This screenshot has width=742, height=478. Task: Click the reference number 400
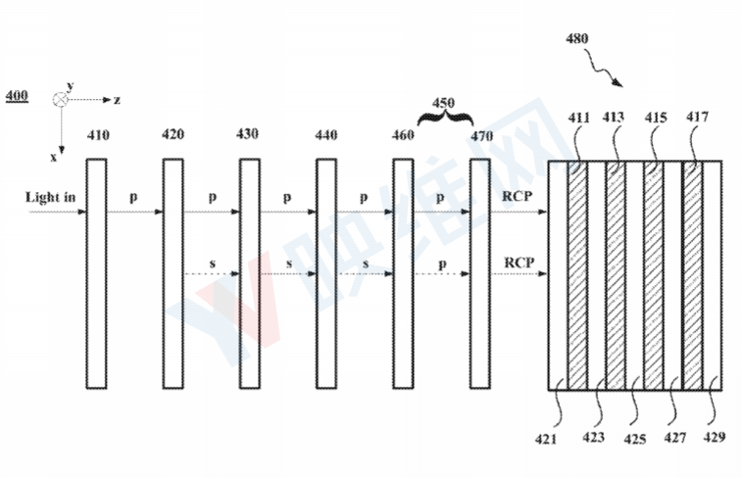(17, 96)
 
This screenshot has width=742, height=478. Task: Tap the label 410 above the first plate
(98, 135)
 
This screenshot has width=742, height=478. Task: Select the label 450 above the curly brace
(443, 103)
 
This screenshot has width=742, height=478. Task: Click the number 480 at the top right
(577, 38)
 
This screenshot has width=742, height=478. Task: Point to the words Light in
(50, 197)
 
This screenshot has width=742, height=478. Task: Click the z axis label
(117, 100)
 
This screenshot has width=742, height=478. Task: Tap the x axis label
(54, 158)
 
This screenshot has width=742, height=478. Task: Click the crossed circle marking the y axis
(60, 100)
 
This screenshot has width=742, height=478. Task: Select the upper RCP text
(517, 196)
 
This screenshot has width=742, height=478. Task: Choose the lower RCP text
(519, 262)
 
